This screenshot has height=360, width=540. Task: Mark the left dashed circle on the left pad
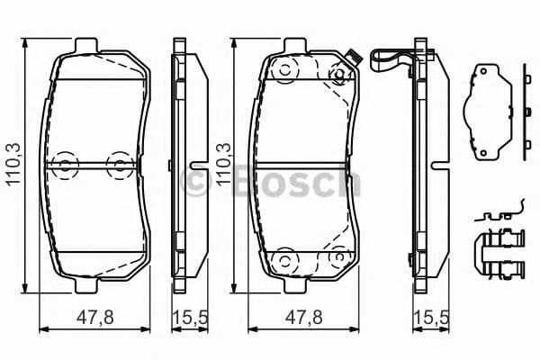click(64, 164)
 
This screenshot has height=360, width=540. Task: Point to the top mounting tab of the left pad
click(88, 46)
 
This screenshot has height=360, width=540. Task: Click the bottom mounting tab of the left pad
click(88, 286)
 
